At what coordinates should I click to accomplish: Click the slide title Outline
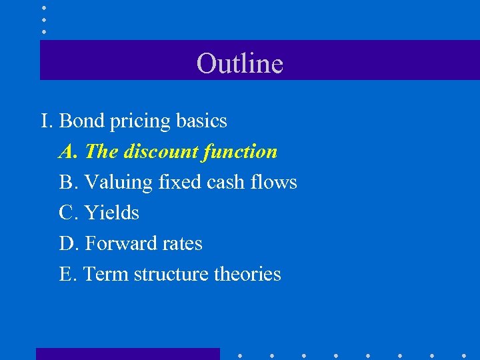(x=240, y=63)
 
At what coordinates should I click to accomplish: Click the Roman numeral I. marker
(x=46, y=121)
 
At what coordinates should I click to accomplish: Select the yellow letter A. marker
(x=69, y=151)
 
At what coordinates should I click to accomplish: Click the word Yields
(x=111, y=213)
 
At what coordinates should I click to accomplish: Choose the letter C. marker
(x=69, y=213)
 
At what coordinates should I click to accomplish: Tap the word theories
(x=247, y=274)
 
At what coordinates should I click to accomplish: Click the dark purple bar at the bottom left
(x=127, y=353)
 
